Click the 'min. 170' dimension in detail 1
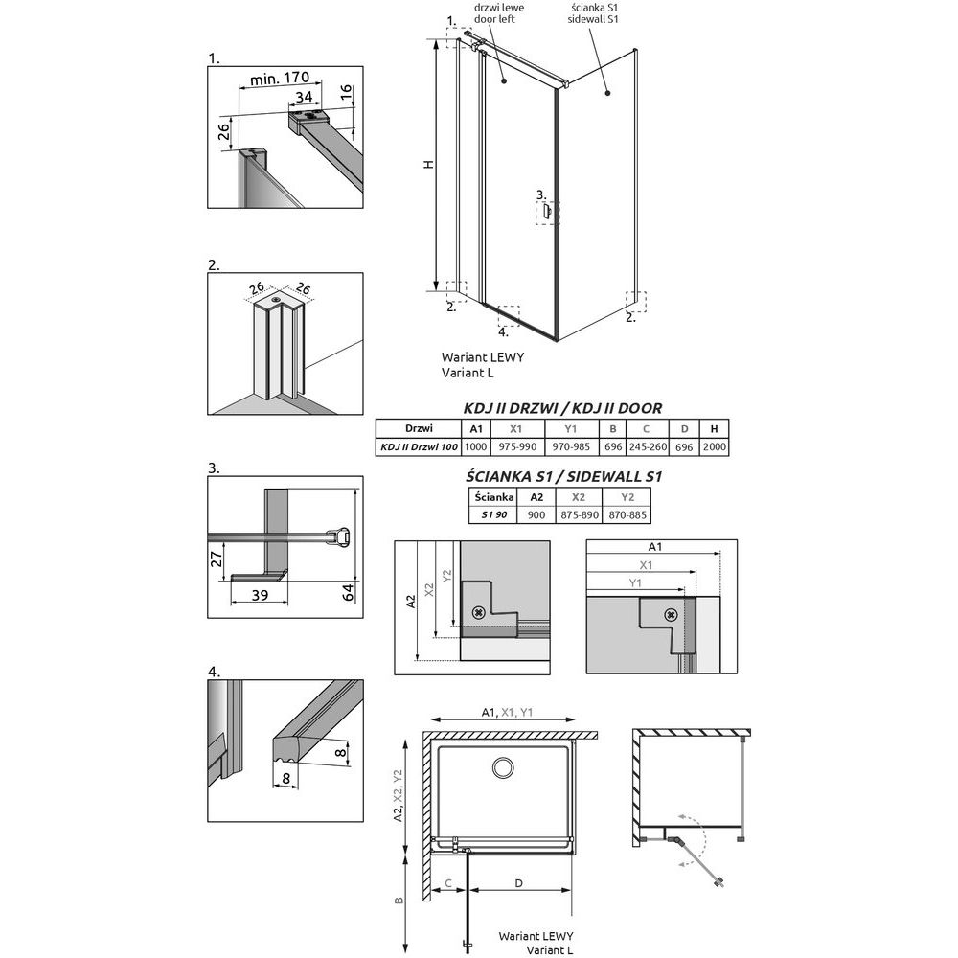[x=280, y=79]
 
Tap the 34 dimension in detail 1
[x=305, y=97]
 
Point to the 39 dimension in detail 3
[x=260, y=595]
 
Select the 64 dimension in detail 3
[x=348, y=592]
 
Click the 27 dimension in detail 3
[x=217, y=559]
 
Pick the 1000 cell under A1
[x=475, y=446]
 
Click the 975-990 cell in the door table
[x=517, y=446]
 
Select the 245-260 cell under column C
[x=648, y=446]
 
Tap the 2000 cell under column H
[x=715, y=446]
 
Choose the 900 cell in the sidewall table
[x=536, y=515]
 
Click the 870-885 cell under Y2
[x=627, y=515]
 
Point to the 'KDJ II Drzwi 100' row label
[x=420, y=446]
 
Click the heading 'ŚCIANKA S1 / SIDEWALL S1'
[x=563, y=476]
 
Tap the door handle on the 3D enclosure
[x=547, y=212]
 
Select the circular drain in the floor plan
[x=503, y=768]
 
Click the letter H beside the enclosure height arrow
[x=429, y=164]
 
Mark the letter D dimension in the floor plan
[x=518, y=883]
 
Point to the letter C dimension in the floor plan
[x=447, y=883]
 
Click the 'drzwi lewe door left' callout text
[x=499, y=13]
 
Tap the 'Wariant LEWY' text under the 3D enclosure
[x=483, y=357]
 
